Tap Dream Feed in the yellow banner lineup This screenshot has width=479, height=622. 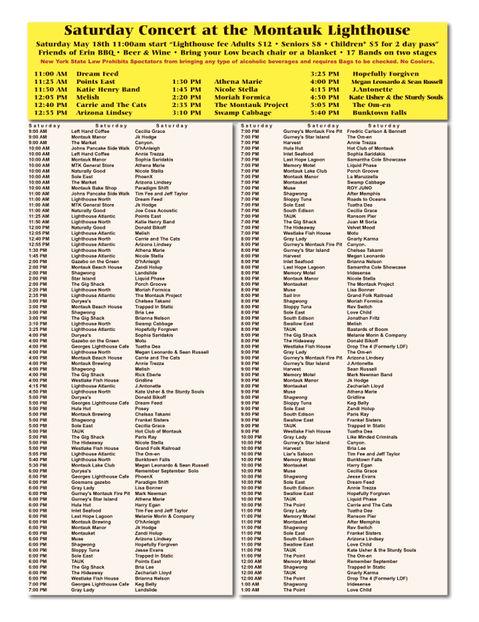pyautogui.click(x=97, y=74)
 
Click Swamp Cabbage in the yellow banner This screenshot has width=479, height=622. pyautogui.click(x=242, y=112)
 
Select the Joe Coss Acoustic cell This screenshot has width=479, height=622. pyautogui.click(x=156, y=210)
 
